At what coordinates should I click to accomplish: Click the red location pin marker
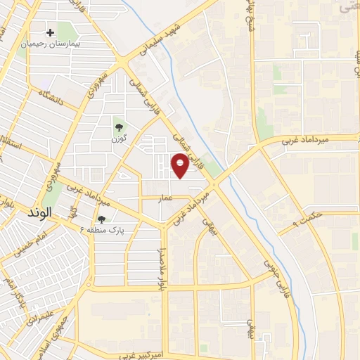pyautogui.click(x=181, y=164)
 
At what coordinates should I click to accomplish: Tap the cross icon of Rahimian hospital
pyautogui.click(x=51, y=32)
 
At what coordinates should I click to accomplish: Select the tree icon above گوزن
pyautogui.click(x=117, y=127)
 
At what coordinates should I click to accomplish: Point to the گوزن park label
pyautogui.click(x=118, y=139)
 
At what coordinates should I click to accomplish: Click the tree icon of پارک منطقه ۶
pyautogui.click(x=101, y=219)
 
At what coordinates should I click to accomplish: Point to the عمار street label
pyautogui.click(x=166, y=199)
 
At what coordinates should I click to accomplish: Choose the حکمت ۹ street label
pyautogui.click(x=308, y=223)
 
